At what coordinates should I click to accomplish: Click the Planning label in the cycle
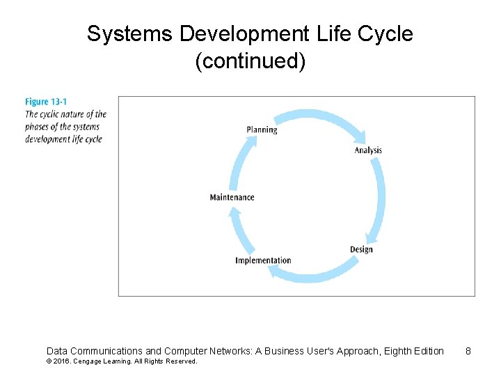click(262, 130)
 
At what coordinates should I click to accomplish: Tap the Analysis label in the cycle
click(368, 150)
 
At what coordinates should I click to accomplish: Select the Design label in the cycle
click(361, 249)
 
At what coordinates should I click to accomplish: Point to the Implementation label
click(263, 260)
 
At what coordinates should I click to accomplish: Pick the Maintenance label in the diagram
click(232, 197)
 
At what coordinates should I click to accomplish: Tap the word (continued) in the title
click(250, 61)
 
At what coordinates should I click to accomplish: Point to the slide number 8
click(468, 351)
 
